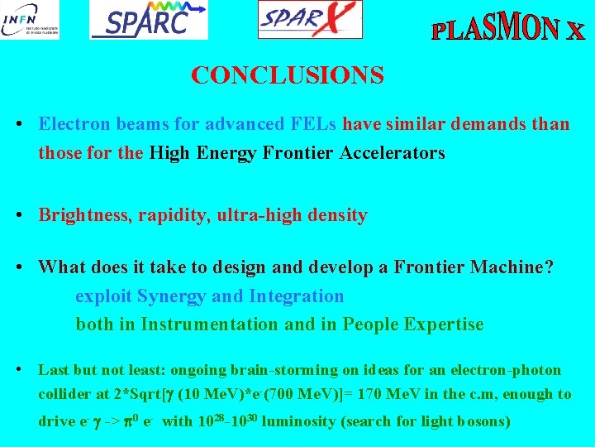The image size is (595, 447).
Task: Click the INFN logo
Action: coord(30,20)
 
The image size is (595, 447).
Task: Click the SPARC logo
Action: coord(149,20)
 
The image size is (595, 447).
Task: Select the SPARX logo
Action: coord(310,19)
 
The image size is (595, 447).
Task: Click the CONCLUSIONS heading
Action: coord(287,76)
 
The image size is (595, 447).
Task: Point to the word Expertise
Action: coord(443,324)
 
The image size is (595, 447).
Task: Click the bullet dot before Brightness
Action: coord(18,215)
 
